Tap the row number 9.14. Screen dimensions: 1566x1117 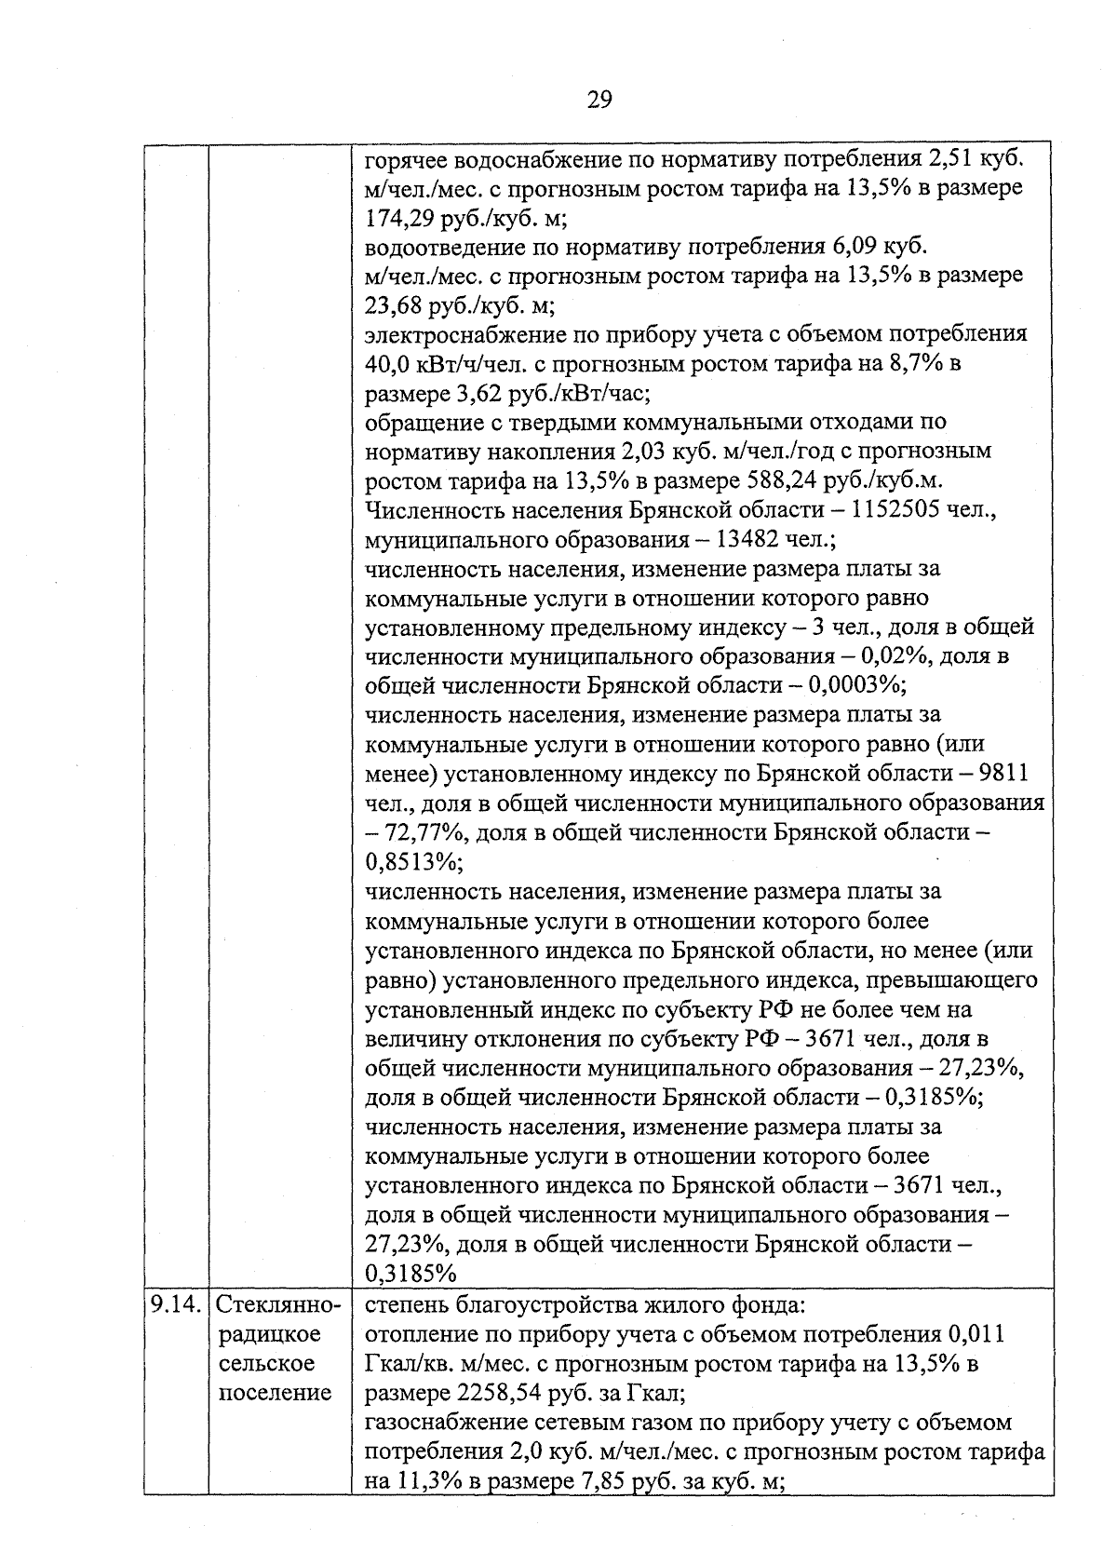(175, 1304)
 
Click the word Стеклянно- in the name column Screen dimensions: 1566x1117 (280, 1304)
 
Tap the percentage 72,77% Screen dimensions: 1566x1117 (415, 832)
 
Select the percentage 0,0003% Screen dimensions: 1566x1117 (856, 685)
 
